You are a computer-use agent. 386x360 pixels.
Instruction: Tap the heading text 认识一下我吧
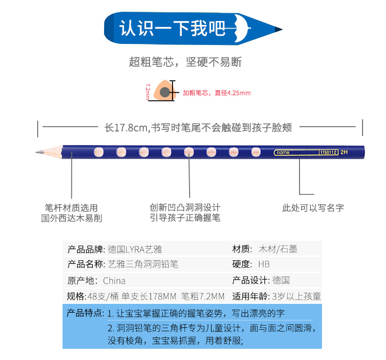tap(172, 28)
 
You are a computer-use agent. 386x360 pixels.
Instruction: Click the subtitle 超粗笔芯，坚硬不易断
tap(185, 62)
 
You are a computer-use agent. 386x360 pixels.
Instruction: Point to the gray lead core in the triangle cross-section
tap(165, 91)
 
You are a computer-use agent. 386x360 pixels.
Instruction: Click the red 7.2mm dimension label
tap(147, 91)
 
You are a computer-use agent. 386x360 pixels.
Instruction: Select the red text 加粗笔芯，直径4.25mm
tap(216, 93)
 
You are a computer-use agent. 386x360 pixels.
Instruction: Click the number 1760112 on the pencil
tap(328, 152)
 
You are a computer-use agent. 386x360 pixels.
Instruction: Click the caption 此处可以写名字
tap(313, 208)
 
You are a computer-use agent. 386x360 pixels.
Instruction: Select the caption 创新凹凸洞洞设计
tap(185, 207)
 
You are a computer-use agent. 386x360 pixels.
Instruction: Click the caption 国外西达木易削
tap(71, 218)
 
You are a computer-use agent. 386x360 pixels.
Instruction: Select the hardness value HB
tap(264, 264)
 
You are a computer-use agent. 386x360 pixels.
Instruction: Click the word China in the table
tap(114, 280)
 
